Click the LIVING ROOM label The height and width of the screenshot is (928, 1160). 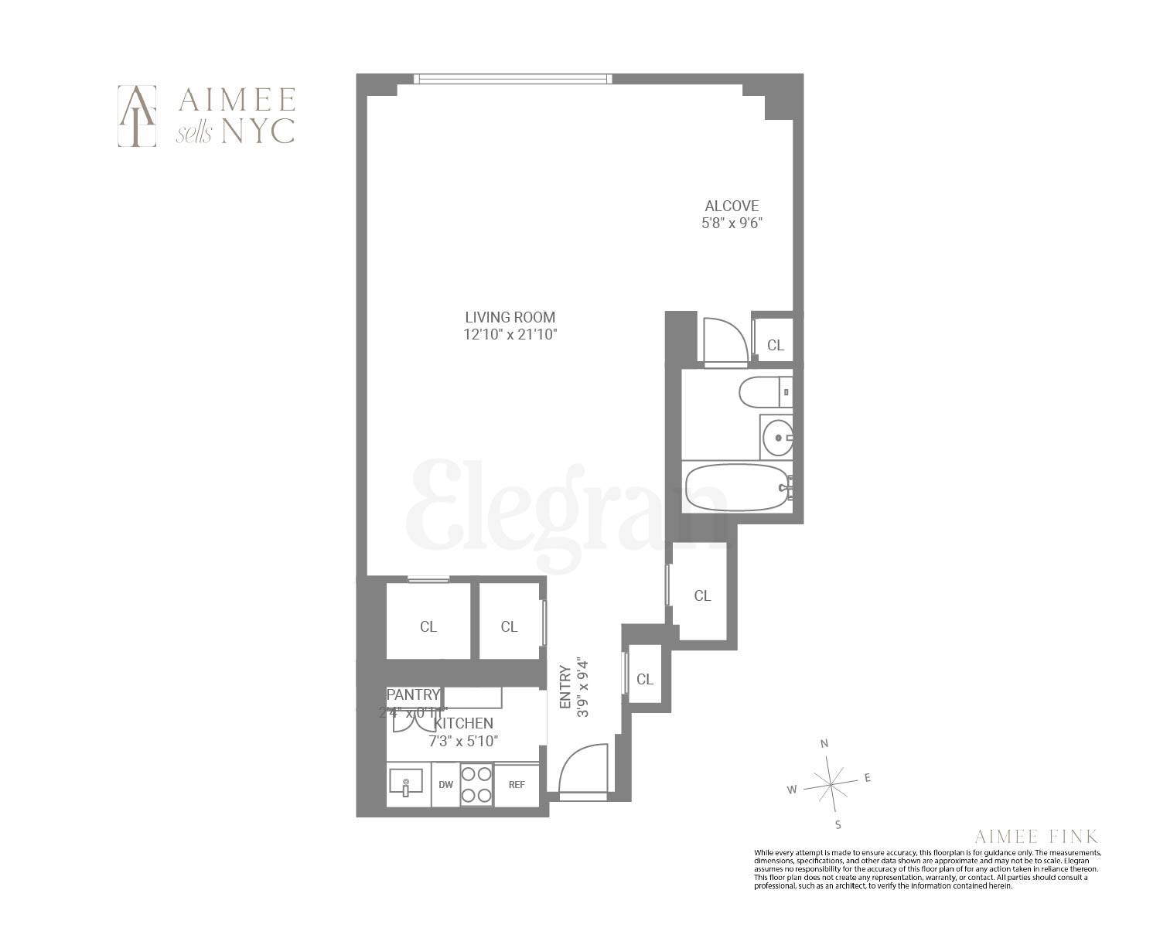pyautogui.click(x=510, y=317)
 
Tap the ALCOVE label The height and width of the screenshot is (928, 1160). pyautogui.click(x=732, y=206)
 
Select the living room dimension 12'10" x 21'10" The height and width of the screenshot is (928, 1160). pyautogui.click(x=510, y=335)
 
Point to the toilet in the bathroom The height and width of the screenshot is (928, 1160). pyautogui.click(x=766, y=392)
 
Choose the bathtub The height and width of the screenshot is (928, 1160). pyautogui.click(x=736, y=487)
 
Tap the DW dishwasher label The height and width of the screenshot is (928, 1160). pyautogui.click(x=445, y=785)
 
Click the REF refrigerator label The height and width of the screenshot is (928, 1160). pyautogui.click(x=517, y=785)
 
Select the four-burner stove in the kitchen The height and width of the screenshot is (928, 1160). pyautogui.click(x=476, y=784)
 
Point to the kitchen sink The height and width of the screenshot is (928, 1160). pyautogui.click(x=405, y=783)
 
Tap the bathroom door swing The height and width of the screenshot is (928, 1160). pyautogui.click(x=726, y=340)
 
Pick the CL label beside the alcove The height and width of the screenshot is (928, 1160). pyautogui.click(x=775, y=346)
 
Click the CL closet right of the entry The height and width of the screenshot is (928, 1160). pyautogui.click(x=645, y=679)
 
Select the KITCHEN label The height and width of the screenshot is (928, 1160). pyautogui.click(x=463, y=724)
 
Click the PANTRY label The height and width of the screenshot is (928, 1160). pyautogui.click(x=413, y=694)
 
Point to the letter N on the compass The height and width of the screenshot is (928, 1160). pyautogui.click(x=824, y=744)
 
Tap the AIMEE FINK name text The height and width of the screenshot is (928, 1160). pyautogui.click(x=1036, y=836)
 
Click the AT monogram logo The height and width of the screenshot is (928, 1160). pyautogui.click(x=137, y=115)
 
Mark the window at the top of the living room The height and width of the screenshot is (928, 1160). pyautogui.click(x=513, y=78)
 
